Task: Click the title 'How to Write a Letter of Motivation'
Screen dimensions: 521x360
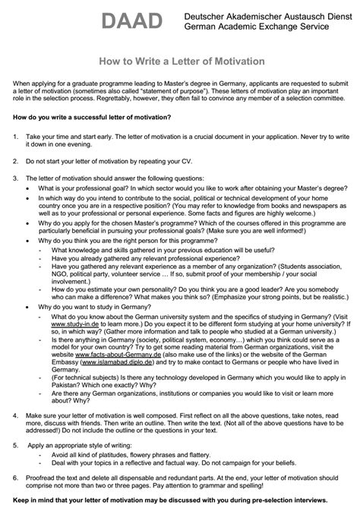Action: (179, 60)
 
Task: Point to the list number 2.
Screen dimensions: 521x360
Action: (16, 162)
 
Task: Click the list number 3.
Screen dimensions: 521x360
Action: (16, 178)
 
